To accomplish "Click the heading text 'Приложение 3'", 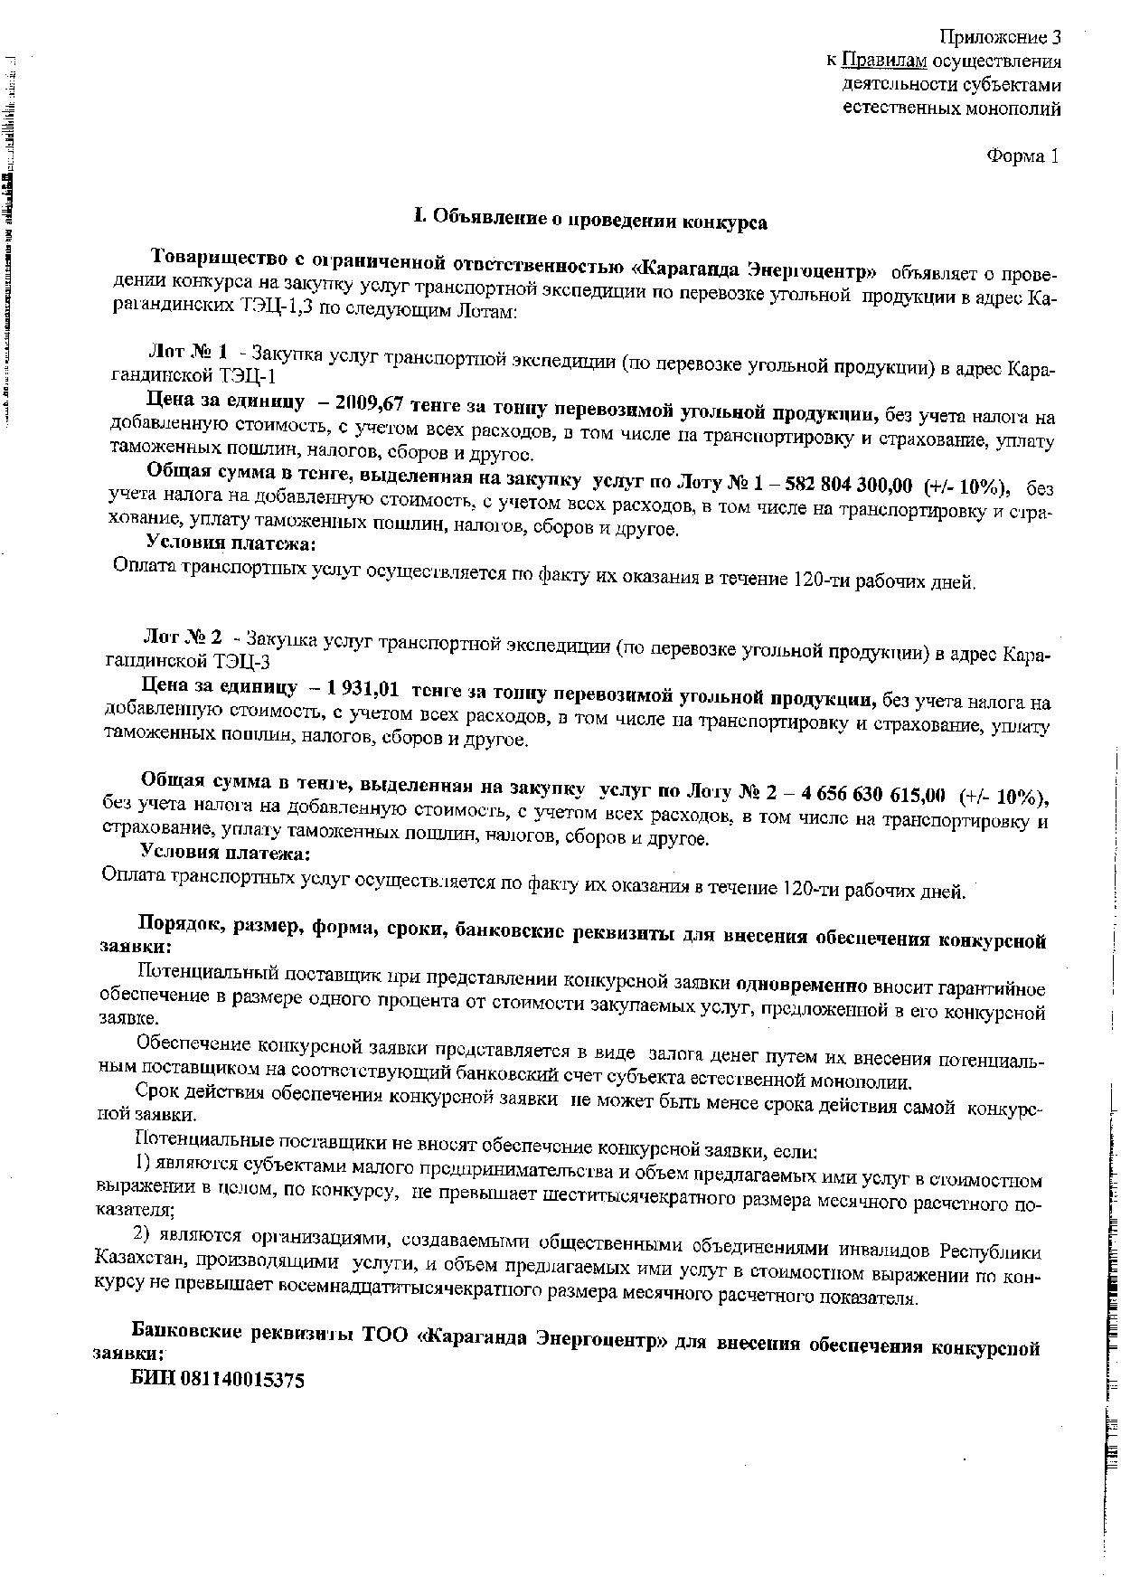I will pos(999,37).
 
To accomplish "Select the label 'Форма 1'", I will pos(1022,156).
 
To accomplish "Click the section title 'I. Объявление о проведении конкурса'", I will pos(590,219).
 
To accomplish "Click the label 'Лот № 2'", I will pos(183,637).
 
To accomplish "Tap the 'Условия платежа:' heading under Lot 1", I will pos(231,543).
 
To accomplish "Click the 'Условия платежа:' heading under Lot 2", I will pos(226,853).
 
